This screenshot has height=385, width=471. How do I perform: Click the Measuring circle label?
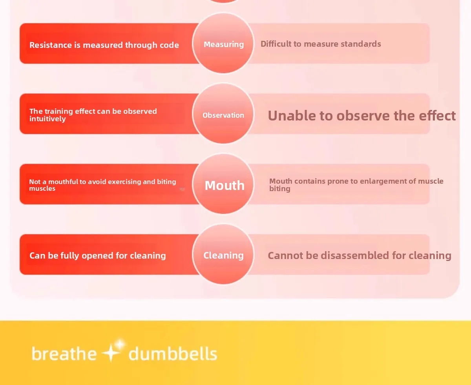[x=224, y=44]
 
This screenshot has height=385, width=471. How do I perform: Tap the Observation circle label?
[x=223, y=115]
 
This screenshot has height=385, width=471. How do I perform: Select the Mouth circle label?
[x=225, y=185]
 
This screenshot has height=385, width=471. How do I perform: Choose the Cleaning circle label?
[x=223, y=255]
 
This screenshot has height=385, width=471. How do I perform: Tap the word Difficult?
[x=276, y=44]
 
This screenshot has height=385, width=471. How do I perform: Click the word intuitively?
[x=47, y=119]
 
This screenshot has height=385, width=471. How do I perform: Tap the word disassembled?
[x=355, y=255]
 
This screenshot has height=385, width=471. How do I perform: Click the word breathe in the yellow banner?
[x=64, y=354]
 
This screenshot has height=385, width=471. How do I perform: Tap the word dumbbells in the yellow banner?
[x=173, y=354]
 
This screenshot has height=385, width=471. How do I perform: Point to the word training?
[x=59, y=111]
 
